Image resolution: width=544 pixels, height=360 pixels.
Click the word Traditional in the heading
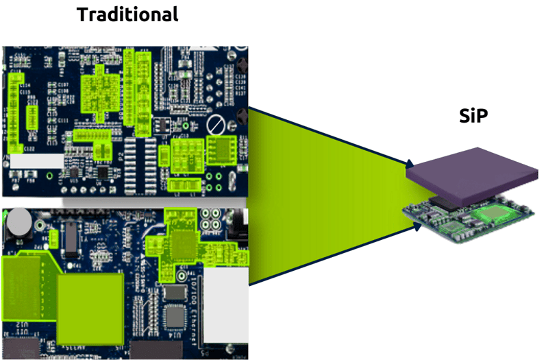coord(127,14)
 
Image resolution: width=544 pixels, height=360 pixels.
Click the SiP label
coord(473,117)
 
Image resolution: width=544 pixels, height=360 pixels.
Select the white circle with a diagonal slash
coord(217,125)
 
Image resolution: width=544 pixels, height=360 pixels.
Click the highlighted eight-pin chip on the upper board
coord(222,149)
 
